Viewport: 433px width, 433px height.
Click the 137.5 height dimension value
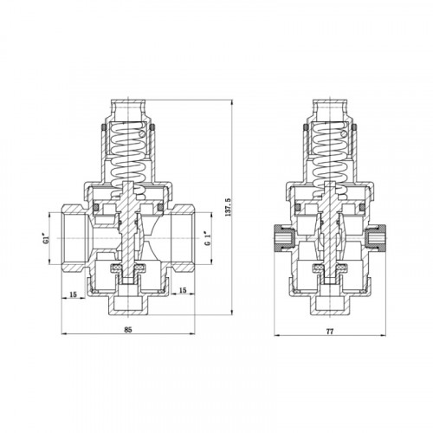(x=228, y=207)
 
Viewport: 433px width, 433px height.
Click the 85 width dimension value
(x=128, y=330)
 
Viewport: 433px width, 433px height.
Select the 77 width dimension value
(x=330, y=332)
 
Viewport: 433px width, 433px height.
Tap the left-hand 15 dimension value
(x=74, y=294)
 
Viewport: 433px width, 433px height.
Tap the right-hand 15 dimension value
(x=183, y=290)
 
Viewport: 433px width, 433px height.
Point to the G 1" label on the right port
(x=207, y=238)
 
